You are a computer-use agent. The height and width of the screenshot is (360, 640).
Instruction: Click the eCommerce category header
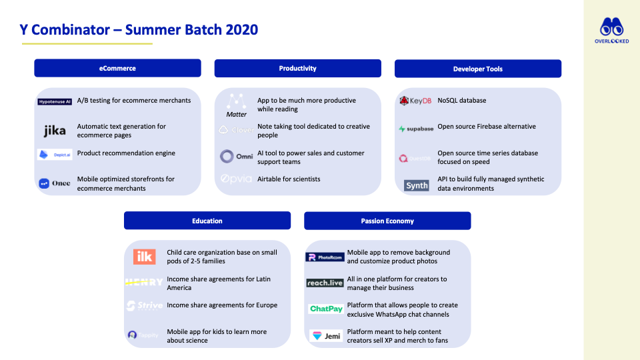tap(117, 68)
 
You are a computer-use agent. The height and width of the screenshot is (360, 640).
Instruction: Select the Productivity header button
tap(297, 68)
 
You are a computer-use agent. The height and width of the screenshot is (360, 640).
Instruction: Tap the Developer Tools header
tap(477, 69)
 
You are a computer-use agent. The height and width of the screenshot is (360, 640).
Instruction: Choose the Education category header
tap(207, 221)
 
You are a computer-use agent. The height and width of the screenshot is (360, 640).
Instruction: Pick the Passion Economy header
tap(387, 221)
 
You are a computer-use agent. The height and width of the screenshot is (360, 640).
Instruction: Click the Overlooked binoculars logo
tap(611, 31)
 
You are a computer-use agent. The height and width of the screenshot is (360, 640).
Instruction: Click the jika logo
tap(55, 131)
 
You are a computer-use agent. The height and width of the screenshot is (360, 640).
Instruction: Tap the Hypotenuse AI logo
tap(55, 101)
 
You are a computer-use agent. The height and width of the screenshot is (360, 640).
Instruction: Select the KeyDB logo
tap(415, 101)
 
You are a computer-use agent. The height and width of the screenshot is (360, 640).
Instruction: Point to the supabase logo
tap(416, 129)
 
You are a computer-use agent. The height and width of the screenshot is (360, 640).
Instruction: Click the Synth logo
tap(417, 185)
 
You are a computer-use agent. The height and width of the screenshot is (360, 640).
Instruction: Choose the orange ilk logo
tap(144, 256)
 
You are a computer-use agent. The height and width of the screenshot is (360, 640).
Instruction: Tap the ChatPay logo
tap(325, 309)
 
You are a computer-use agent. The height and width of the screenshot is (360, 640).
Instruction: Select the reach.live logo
tap(325, 283)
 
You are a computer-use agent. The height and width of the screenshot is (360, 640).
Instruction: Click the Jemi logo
tap(325, 336)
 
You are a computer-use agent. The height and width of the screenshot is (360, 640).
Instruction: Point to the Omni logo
tap(236, 157)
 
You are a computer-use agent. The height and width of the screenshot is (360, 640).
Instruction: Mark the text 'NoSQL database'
tap(461, 101)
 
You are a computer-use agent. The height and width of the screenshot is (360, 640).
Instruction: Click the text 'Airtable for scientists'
tap(289, 179)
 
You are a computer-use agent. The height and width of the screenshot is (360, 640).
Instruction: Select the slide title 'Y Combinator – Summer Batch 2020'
tap(138, 29)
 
